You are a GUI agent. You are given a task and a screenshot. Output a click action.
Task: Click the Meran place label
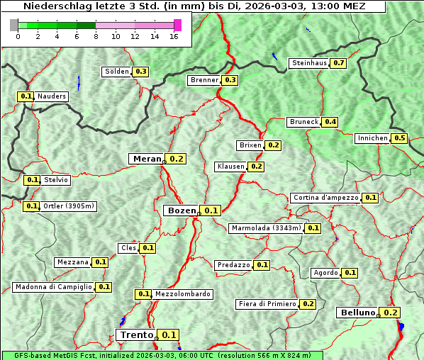147,159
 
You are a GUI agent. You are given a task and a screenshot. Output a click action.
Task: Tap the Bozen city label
181,210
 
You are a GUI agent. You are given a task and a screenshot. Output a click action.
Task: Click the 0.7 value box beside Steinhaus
339,63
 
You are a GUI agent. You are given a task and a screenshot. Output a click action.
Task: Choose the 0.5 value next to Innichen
400,138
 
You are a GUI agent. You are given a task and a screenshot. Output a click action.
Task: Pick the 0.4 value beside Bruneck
330,122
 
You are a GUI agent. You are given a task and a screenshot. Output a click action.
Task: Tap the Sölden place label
117,72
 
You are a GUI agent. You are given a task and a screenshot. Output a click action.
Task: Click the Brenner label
205,80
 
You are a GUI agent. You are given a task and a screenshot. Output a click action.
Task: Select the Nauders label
52,96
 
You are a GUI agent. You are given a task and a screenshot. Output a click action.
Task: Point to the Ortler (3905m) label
69,206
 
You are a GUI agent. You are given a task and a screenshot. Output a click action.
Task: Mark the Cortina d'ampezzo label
325,198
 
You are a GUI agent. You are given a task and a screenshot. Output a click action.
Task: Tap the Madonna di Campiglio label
53,287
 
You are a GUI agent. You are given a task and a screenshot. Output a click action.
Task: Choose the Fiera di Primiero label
267,304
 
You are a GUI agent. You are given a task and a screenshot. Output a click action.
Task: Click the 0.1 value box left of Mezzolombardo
143,294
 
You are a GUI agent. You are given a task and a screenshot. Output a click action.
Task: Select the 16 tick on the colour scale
174,37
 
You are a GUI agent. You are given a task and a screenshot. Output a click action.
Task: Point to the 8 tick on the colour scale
95,37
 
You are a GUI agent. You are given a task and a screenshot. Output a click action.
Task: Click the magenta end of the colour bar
177,25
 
